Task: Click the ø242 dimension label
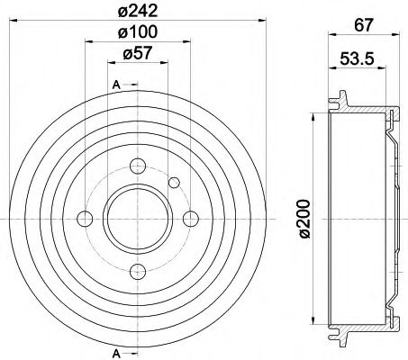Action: click(138, 12)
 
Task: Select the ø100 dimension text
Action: click(138, 31)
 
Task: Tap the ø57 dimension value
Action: click(138, 53)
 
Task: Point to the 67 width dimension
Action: click(364, 25)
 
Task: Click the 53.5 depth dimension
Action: click(357, 58)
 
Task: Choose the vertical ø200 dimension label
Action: click(304, 219)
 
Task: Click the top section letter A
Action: click(116, 85)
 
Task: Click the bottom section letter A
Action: click(116, 354)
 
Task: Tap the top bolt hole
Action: click(138, 166)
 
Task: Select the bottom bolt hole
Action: click(138, 272)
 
